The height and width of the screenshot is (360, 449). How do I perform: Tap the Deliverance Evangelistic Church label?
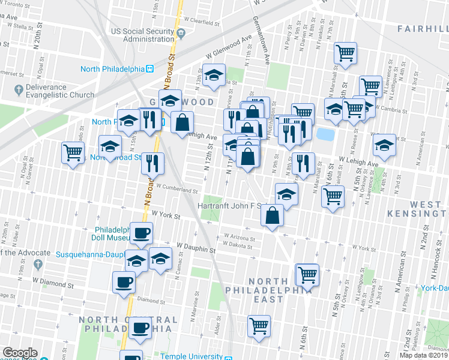click(60, 91)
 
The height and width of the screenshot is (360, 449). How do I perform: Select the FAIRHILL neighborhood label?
click(423, 28)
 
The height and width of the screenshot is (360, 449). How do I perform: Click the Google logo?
click(20, 353)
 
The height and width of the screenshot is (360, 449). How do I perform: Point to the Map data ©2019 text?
click(423, 355)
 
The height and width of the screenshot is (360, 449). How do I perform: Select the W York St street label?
click(166, 214)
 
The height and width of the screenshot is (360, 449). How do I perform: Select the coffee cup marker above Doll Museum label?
click(141, 232)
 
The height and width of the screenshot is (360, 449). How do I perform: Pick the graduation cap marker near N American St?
click(384, 145)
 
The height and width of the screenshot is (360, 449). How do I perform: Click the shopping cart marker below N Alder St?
click(259, 326)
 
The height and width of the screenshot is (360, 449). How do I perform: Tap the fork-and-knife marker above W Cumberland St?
click(153, 162)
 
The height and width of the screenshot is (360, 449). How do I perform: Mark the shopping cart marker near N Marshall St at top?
click(345, 53)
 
